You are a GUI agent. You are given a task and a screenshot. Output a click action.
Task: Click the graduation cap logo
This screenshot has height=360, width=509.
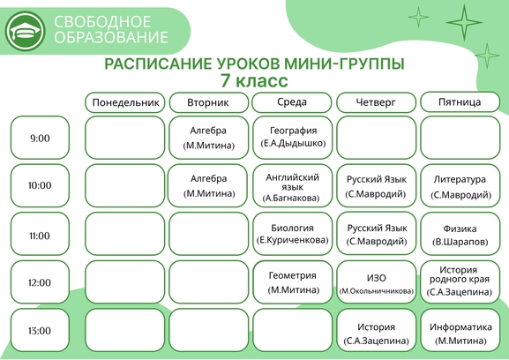pos(25,31)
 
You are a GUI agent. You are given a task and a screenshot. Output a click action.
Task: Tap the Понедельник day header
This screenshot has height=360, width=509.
pos(125,102)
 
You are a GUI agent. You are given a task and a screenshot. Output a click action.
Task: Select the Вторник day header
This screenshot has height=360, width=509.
pos(208,102)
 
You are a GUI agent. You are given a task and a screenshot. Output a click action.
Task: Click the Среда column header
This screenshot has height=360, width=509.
pos(292,102)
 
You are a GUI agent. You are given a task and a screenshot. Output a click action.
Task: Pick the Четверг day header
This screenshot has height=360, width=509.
pos(376,102)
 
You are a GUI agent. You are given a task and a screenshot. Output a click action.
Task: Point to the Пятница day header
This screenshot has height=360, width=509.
pos(460,102)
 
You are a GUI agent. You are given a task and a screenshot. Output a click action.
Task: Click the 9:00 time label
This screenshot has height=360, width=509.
pos(40,138)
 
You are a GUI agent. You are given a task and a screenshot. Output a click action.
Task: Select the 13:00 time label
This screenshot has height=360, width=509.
pos(40,330)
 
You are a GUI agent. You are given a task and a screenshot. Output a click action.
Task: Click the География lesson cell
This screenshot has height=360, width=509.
pos(293,138)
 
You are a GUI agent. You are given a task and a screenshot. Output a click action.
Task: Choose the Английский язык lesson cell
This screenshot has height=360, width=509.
pos(293,185)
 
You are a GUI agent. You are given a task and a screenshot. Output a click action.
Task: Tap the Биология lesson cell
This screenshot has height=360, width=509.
pos(293,234)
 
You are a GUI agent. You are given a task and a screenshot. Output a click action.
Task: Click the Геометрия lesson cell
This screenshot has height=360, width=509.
pos(293,282)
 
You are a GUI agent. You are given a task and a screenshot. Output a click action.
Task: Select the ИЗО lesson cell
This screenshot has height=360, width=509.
pos(376,282)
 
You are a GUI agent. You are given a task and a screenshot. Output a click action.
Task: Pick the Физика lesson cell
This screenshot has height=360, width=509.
pos(460,234)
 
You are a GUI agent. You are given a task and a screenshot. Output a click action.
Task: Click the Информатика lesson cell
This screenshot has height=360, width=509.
pos(460,330)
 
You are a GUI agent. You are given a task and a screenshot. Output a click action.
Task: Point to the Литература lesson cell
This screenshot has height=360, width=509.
pos(460,185)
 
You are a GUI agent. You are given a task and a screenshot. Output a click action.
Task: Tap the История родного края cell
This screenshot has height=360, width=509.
pos(460,282)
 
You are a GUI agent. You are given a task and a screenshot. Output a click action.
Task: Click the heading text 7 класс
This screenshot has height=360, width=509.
pos(254,81)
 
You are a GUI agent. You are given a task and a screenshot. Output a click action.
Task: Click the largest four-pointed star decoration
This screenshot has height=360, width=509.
pos(464,22)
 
